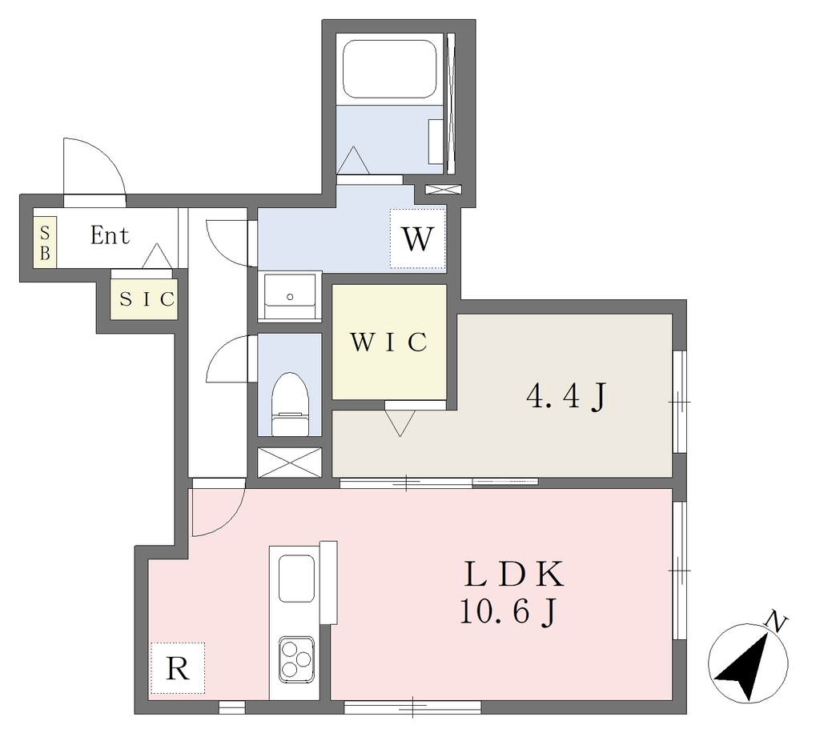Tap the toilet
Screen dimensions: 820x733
point(290,404)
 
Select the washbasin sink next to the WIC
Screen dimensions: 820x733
point(290,296)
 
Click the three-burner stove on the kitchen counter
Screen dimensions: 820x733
point(296,659)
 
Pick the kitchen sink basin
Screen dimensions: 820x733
point(296,579)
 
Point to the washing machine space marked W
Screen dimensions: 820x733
point(418,238)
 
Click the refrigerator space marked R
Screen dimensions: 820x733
point(177,667)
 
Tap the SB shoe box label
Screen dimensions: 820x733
point(46,243)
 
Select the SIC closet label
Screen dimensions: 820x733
point(147,299)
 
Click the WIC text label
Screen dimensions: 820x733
point(389,342)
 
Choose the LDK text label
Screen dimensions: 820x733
point(515,574)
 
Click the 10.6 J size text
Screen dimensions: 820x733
point(507,612)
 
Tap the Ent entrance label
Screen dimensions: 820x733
point(110,235)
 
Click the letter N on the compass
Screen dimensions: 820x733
point(776,623)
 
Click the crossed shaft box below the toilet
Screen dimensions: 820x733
point(290,462)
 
